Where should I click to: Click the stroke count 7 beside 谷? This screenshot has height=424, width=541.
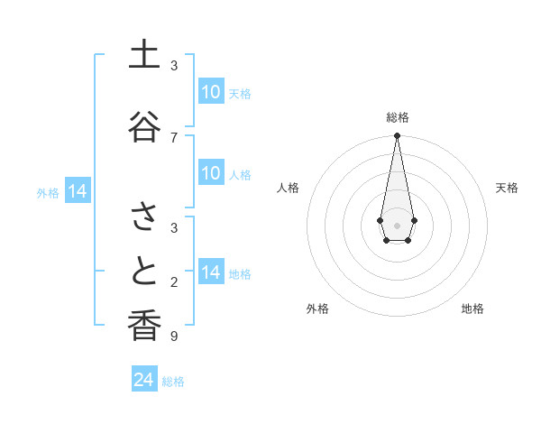click(x=174, y=137)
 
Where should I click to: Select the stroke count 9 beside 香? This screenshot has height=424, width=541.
click(x=174, y=336)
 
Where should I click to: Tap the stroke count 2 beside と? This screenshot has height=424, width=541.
click(x=174, y=282)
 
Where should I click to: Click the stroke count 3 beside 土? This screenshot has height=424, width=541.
click(x=174, y=66)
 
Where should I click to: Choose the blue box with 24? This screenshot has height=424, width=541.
click(x=143, y=380)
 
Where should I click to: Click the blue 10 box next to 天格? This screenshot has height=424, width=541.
click(x=210, y=91)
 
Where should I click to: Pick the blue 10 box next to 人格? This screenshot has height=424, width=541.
click(x=210, y=173)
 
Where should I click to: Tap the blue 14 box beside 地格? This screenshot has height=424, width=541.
click(x=210, y=272)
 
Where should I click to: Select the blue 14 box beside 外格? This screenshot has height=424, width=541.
click(x=78, y=191)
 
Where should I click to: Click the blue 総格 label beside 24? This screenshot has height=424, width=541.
click(x=173, y=382)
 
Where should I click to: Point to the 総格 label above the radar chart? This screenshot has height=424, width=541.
click(x=398, y=117)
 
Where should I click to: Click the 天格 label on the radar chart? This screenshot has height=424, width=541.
click(x=507, y=188)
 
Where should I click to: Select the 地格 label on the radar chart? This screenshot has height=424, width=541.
click(x=472, y=309)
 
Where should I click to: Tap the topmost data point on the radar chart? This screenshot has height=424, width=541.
click(x=397, y=136)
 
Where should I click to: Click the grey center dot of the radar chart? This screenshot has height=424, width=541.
click(x=397, y=224)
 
